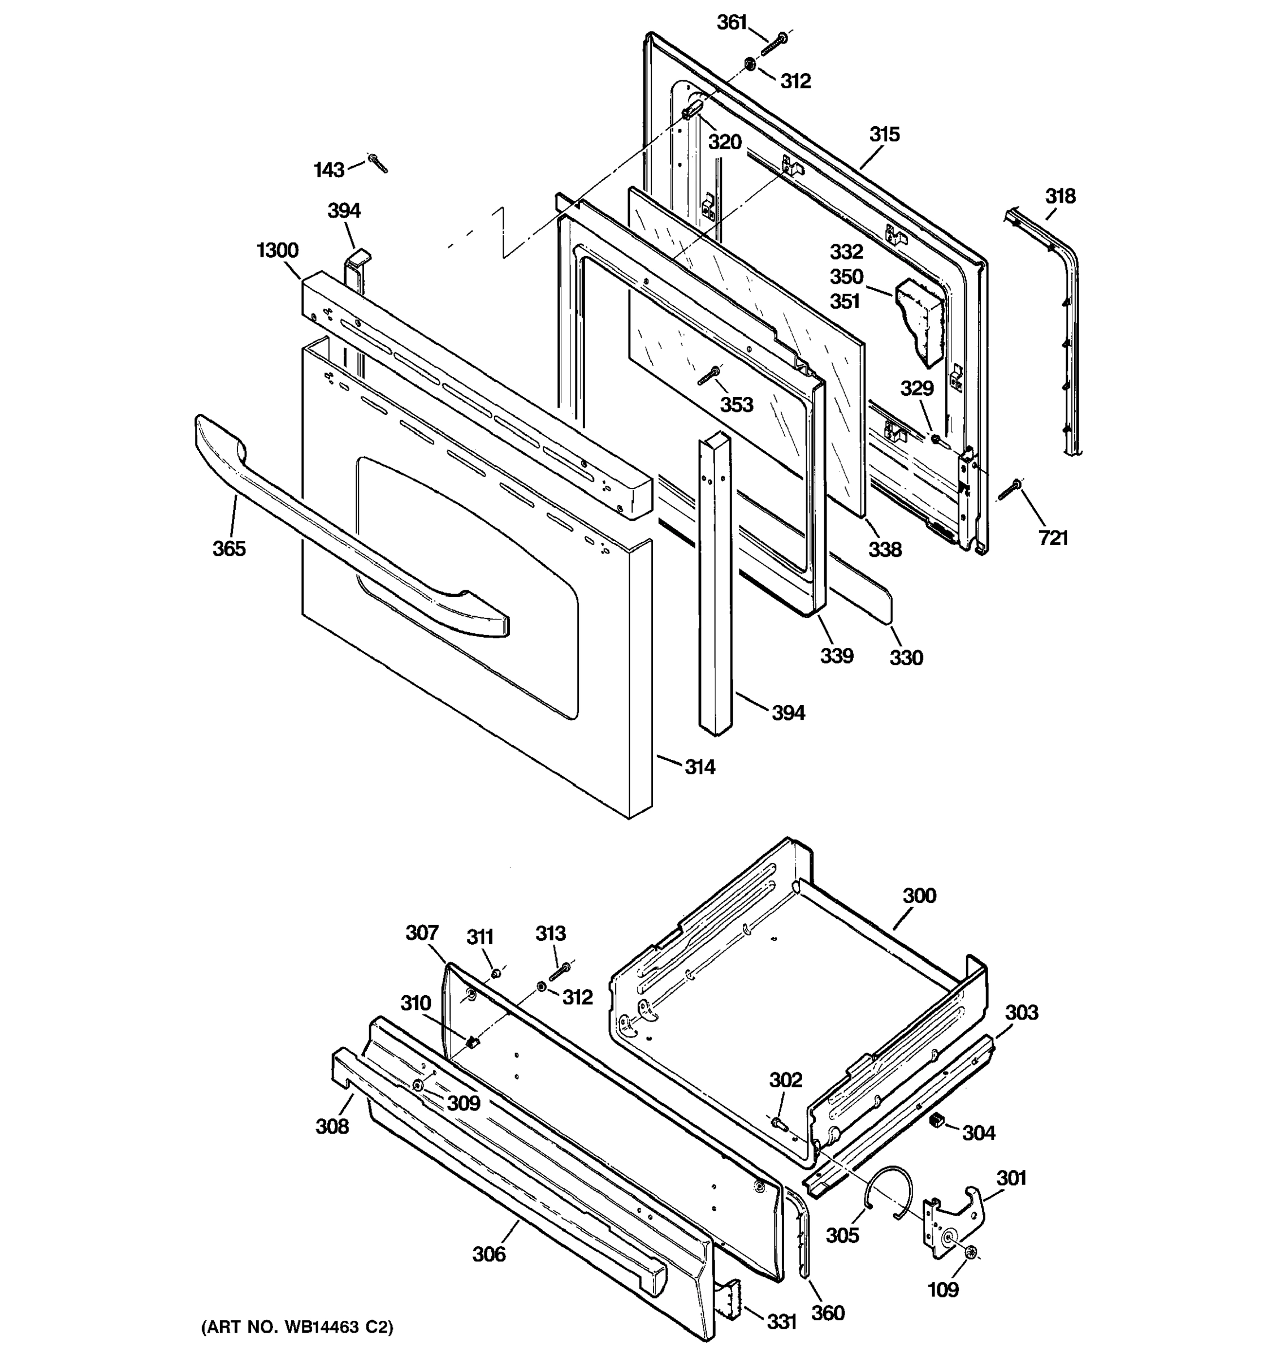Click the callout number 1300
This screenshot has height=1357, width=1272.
278,250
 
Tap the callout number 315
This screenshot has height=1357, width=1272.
884,135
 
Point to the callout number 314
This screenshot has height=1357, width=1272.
700,767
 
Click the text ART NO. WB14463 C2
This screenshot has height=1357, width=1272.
297,1327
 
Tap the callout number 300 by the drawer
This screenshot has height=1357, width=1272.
919,896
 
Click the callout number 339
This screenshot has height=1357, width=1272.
837,656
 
